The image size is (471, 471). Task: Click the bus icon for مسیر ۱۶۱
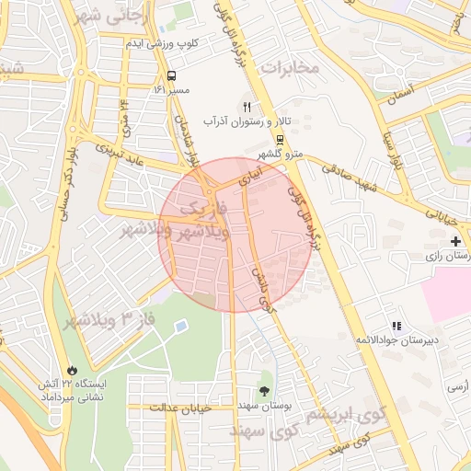pos(172,75)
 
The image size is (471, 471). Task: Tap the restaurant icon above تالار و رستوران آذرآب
pos(247,107)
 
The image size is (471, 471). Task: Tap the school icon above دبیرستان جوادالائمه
pos(397,326)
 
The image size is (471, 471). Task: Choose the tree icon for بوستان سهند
pos(266,390)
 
